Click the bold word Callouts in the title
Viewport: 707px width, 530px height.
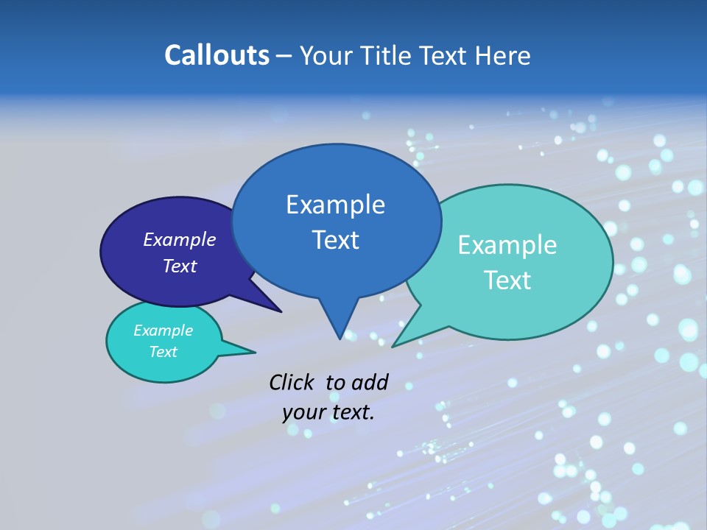tap(217, 55)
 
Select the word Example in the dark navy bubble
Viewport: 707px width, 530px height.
tap(180, 239)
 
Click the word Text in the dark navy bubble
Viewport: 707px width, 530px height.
tap(180, 266)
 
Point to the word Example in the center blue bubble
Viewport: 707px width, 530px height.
tap(335, 205)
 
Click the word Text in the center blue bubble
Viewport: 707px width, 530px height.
tap(335, 240)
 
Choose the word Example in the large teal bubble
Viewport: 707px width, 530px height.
tap(507, 245)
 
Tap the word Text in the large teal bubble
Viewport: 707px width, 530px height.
tap(507, 280)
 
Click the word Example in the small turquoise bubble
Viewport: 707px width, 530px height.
tap(163, 331)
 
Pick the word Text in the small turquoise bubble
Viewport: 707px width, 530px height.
tap(163, 352)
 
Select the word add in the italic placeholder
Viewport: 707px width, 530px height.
tap(370, 382)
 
